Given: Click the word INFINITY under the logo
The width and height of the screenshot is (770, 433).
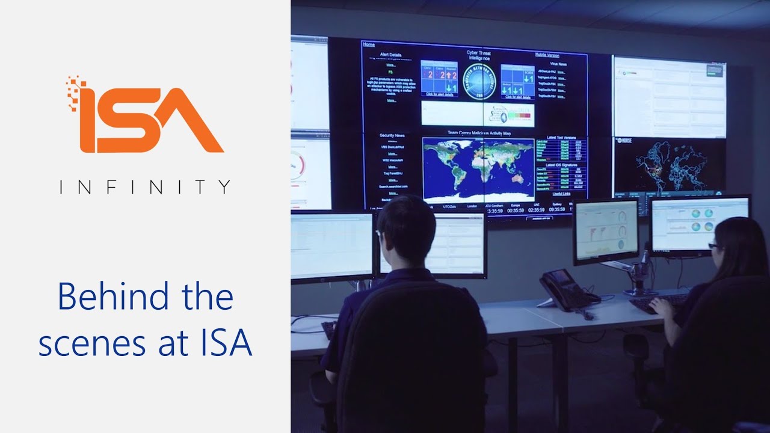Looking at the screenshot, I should coord(145,187).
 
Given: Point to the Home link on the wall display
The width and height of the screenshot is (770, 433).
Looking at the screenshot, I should coord(369,45).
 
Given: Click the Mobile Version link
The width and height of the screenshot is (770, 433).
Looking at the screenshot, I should coord(547,55).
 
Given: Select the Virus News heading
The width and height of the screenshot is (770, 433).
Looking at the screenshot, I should coord(558,63).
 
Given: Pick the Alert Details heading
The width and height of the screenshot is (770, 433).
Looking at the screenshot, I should coord(390,55).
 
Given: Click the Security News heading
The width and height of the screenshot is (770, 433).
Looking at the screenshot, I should coord(391,135).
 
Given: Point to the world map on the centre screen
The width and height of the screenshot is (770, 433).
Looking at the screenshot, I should coord(478,169).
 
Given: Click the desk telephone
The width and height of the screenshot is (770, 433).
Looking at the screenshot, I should coord(565,289).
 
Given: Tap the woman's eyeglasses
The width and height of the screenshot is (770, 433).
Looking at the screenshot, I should coord(713,246).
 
